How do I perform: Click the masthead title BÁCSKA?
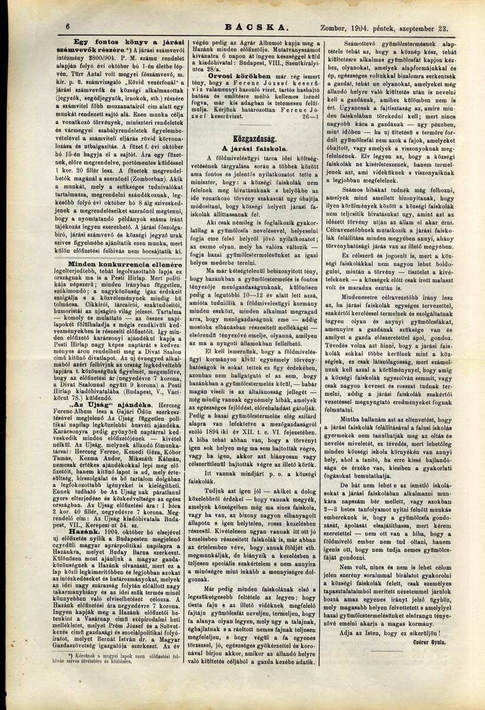point(260,27)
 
